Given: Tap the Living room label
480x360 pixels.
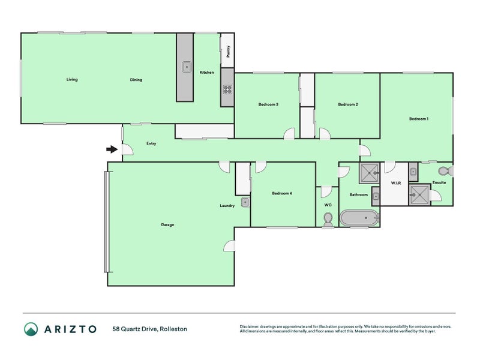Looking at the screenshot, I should [72, 80].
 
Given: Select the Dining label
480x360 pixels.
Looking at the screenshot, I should [136, 80].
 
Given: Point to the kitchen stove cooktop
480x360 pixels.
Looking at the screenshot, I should [227, 89].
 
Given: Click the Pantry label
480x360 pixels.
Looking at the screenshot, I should [228, 55].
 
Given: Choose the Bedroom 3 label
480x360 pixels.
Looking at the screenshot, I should [268, 104].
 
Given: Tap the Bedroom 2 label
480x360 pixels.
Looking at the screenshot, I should [348, 104].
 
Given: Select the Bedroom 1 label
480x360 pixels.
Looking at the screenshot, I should [419, 119].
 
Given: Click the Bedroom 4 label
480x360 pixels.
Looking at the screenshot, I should [282, 193].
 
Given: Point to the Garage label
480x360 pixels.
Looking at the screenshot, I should [167, 225].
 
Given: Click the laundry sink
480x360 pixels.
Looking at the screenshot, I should [245, 202].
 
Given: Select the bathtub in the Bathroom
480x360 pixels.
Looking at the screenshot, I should [359, 218].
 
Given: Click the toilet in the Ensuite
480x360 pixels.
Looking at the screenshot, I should [445, 171].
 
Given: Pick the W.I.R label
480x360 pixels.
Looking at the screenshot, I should [395, 182].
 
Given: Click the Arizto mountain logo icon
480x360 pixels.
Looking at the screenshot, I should [31, 329].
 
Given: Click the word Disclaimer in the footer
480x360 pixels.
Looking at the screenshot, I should [251, 327].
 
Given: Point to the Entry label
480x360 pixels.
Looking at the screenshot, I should [151, 143].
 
